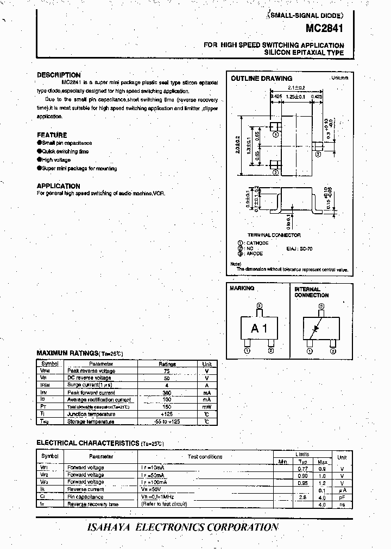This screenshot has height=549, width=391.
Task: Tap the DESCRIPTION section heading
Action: coord(59,75)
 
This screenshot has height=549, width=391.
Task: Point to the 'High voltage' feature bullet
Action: coord(56,160)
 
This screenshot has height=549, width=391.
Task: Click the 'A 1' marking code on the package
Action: coord(258,329)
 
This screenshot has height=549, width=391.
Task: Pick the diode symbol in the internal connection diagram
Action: coord(313,330)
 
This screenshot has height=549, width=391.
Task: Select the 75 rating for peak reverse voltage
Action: coord(167,371)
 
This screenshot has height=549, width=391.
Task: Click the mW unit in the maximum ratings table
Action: coord(207,407)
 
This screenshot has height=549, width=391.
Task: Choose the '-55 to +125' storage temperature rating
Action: coord(167,422)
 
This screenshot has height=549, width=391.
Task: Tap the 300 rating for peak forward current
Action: coord(167,393)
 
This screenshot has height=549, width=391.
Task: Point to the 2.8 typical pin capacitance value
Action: coord(303,497)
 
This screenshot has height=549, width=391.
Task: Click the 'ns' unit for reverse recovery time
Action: coord(342,505)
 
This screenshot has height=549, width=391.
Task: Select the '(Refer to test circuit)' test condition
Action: coord(164,505)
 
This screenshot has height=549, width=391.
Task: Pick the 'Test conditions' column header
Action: coord(205,457)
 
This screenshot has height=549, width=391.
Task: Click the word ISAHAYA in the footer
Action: coord(109,527)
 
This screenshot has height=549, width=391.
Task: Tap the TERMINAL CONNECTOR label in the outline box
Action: coord(274,235)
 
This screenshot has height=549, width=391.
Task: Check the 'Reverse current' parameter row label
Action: coord(85,489)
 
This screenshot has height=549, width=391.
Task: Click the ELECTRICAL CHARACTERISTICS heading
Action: coord(87,443)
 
